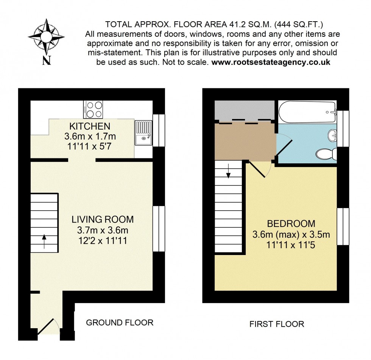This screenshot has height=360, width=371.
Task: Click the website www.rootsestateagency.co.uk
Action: pyautogui.click(x=271, y=62)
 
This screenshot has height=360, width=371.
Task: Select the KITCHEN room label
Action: pyautogui.click(x=90, y=126)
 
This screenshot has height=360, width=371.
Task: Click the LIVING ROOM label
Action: pyautogui.click(x=103, y=219)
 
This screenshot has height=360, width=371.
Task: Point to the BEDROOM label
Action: pyautogui.click(x=291, y=224)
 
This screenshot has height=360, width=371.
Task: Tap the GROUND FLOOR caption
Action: pyautogui.click(x=120, y=323)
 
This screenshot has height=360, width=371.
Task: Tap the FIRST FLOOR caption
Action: pyautogui.click(x=276, y=324)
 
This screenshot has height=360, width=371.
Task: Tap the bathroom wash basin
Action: pyautogui.click(x=333, y=135)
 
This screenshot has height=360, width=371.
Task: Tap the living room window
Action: pyautogui.click(x=159, y=229)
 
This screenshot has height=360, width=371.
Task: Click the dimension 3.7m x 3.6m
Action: pyautogui.click(x=103, y=230)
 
